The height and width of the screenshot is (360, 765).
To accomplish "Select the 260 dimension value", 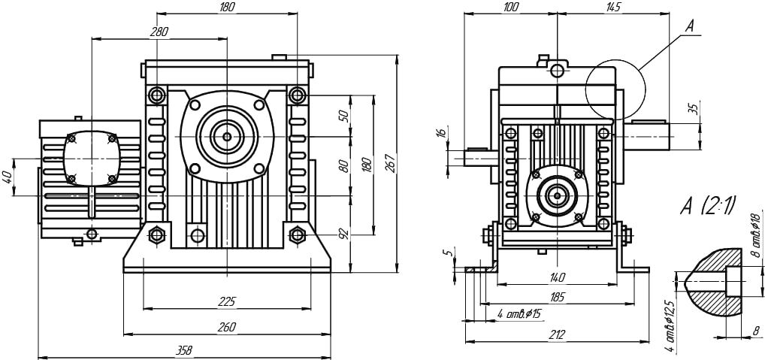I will click(226, 326).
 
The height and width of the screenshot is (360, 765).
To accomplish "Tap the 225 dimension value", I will click(226, 301).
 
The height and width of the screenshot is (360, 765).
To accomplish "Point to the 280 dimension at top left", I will click(159, 32).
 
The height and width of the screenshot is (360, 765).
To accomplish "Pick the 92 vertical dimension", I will click(343, 234).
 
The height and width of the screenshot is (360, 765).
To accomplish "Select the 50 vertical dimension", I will click(343, 116).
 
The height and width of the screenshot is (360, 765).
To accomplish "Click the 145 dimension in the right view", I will click(613, 8).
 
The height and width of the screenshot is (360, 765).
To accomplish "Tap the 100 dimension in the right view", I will click(511, 8).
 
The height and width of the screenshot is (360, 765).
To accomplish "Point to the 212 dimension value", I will click(556, 334).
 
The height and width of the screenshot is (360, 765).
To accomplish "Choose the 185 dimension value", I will click(557, 298).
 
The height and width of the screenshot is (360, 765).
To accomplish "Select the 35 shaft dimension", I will click(694, 107).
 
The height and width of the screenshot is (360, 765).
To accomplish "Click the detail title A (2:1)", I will click(708, 204).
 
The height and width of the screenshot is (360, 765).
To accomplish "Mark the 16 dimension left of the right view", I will click(441, 133).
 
